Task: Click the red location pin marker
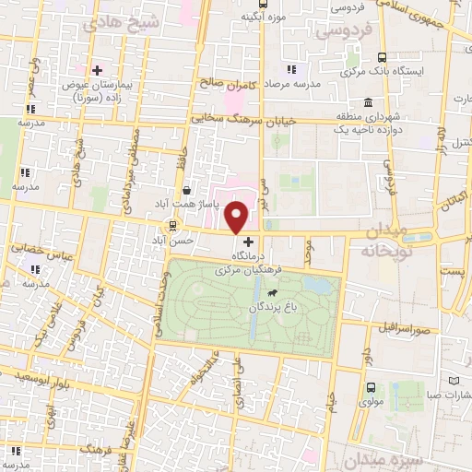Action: point(238,217)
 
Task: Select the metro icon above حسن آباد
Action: point(172,226)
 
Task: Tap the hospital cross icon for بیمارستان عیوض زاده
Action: point(96,69)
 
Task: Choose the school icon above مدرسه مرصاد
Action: point(291,68)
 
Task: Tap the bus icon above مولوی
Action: point(371,388)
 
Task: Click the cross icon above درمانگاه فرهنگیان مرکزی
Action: point(247,240)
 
